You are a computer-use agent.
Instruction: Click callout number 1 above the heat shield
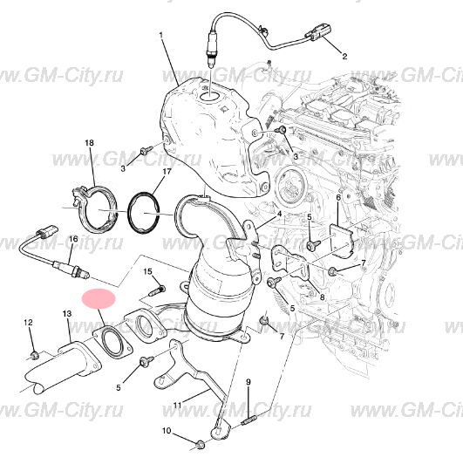coord(161,36)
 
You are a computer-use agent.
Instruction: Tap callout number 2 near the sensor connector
coord(344,56)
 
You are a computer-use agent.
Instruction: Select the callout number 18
coord(89,143)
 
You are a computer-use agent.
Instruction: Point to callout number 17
coord(167,172)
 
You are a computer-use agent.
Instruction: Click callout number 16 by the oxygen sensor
coord(73,239)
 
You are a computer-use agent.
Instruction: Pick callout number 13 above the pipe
coord(67,313)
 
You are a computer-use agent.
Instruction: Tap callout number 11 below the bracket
coord(177,405)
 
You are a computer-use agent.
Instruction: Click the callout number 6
coord(338,197)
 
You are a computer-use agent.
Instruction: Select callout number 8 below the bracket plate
coord(322,297)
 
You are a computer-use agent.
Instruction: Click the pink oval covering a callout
coord(99,298)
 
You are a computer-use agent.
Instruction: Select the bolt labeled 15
coord(156,290)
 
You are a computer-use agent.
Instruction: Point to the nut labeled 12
coord(35,355)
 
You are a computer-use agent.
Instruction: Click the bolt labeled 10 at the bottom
coord(201,444)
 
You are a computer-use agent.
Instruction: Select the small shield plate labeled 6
coord(342,239)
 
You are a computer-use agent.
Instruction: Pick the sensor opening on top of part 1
coord(209,96)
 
